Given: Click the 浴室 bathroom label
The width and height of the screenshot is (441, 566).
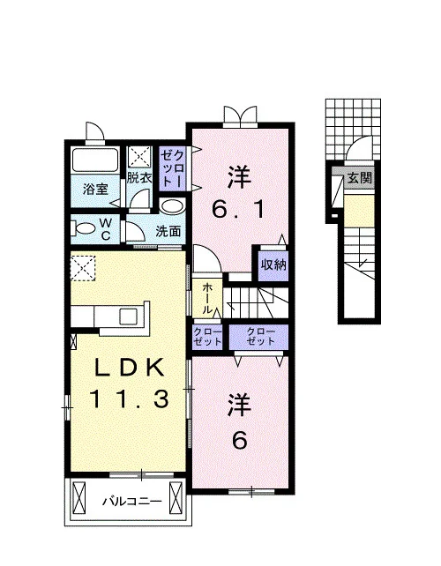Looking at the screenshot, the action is pos(96,189).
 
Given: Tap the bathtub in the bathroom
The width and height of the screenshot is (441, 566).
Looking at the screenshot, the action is pos(95,160).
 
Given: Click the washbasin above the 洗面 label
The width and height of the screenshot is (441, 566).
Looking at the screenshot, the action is pos(172,207).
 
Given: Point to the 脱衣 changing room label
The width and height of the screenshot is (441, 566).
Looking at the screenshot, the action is pos(139,177).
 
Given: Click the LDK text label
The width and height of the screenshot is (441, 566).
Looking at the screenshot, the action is pos(129,368).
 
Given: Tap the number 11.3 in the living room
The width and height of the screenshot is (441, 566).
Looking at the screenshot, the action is pos(129,398).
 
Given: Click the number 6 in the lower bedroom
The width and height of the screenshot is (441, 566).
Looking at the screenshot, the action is pos(239,440).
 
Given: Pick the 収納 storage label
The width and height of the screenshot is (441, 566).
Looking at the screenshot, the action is pos(273,265).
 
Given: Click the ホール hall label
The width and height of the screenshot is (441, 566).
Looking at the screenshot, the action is pos(207,299).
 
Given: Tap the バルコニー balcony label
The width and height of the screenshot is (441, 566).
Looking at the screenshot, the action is pos(131,502).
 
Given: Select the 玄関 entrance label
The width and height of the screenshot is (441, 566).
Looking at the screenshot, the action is pos(360,178).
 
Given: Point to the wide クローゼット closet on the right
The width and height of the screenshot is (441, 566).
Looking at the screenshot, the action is pos(259,337).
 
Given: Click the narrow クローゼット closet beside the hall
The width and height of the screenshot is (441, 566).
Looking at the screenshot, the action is pos(207,337).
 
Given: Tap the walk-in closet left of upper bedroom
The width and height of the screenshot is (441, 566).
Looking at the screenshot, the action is pos(173,168).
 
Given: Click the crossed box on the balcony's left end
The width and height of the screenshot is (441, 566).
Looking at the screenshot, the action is pos(78,499).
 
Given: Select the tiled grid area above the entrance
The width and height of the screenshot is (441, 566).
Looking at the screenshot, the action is pos(353,129).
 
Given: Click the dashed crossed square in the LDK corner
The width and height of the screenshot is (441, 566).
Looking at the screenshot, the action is pos(83,268).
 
